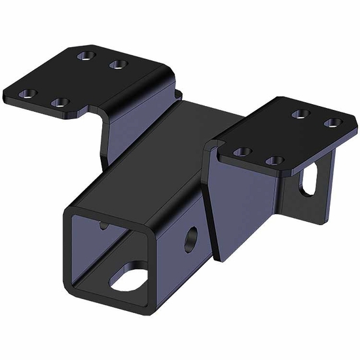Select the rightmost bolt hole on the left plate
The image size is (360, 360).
[118, 63]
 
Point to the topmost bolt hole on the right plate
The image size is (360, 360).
[300, 114]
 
